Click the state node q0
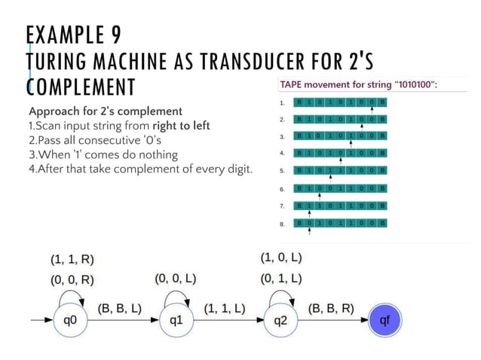[x=69, y=320]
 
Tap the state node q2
[x=280, y=320]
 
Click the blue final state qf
[x=384, y=320]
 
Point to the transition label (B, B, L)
[x=121, y=308]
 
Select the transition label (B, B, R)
[x=331, y=308]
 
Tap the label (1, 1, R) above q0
[x=72, y=260]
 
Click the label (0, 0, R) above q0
[x=72, y=279]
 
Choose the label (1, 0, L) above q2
[x=281, y=258]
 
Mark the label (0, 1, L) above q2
[x=281, y=279]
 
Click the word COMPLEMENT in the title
[x=81, y=85]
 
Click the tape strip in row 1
[x=340, y=102]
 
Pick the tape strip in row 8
[x=340, y=223]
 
